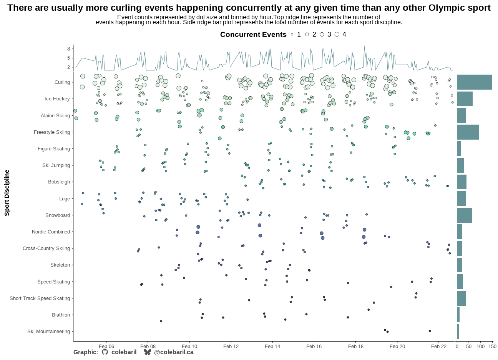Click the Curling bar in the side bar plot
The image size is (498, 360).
pos(474,82)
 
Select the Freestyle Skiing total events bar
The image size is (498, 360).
pos(468,132)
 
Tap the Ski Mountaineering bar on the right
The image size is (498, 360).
pos(458,332)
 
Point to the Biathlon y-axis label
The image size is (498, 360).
pos(61,315)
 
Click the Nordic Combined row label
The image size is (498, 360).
pos(51,232)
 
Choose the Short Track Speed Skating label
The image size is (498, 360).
pos(40,298)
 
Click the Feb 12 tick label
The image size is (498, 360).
pos(231,346)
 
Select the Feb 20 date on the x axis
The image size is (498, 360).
pos(397,346)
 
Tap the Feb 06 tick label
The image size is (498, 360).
pos(106,346)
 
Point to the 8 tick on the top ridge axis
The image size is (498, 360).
pos(68,49)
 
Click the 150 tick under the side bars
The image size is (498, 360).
pos(492,346)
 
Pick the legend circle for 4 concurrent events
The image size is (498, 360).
pos(337,35)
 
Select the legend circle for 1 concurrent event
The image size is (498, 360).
pos(292,35)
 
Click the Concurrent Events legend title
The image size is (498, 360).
pos(253,35)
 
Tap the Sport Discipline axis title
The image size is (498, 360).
pos(7,193)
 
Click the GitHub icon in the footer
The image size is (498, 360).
pos(105,352)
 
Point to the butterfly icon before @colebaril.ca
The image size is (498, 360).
pos(147,352)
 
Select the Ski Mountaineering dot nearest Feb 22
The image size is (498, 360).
pos(430,331)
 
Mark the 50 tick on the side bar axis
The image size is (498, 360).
pos(468,346)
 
